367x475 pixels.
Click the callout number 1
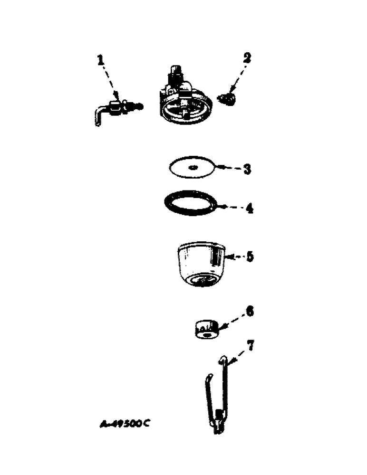(x=100, y=60)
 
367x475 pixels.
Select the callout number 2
(x=247, y=58)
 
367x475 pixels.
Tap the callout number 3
(x=247, y=169)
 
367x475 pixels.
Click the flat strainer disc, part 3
(x=192, y=168)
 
